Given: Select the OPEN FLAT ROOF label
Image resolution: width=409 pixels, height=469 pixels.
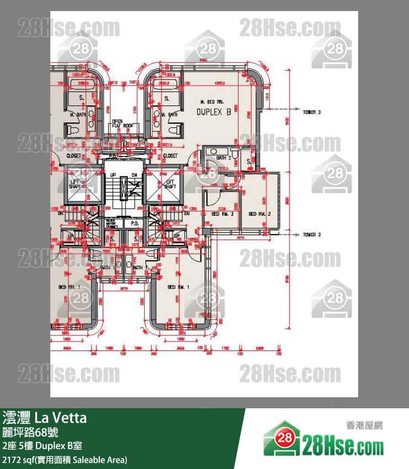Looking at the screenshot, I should [122, 124].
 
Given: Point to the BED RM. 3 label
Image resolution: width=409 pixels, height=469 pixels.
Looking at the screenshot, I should [223, 214].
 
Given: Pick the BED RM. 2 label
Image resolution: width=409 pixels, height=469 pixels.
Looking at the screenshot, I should [259, 214].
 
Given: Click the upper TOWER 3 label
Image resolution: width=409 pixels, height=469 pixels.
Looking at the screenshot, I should [311, 112].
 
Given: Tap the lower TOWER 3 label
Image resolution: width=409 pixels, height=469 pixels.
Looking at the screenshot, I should [311, 234].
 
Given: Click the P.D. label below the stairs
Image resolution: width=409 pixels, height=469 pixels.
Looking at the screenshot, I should [134, 223].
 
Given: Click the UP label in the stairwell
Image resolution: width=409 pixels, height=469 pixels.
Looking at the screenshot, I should [113, 175].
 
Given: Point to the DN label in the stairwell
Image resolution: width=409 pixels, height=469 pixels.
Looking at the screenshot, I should [134, 175].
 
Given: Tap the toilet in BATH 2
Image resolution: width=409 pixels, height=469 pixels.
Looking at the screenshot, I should [234, 152].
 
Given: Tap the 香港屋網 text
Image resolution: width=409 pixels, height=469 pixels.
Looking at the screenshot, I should [364, 425].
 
